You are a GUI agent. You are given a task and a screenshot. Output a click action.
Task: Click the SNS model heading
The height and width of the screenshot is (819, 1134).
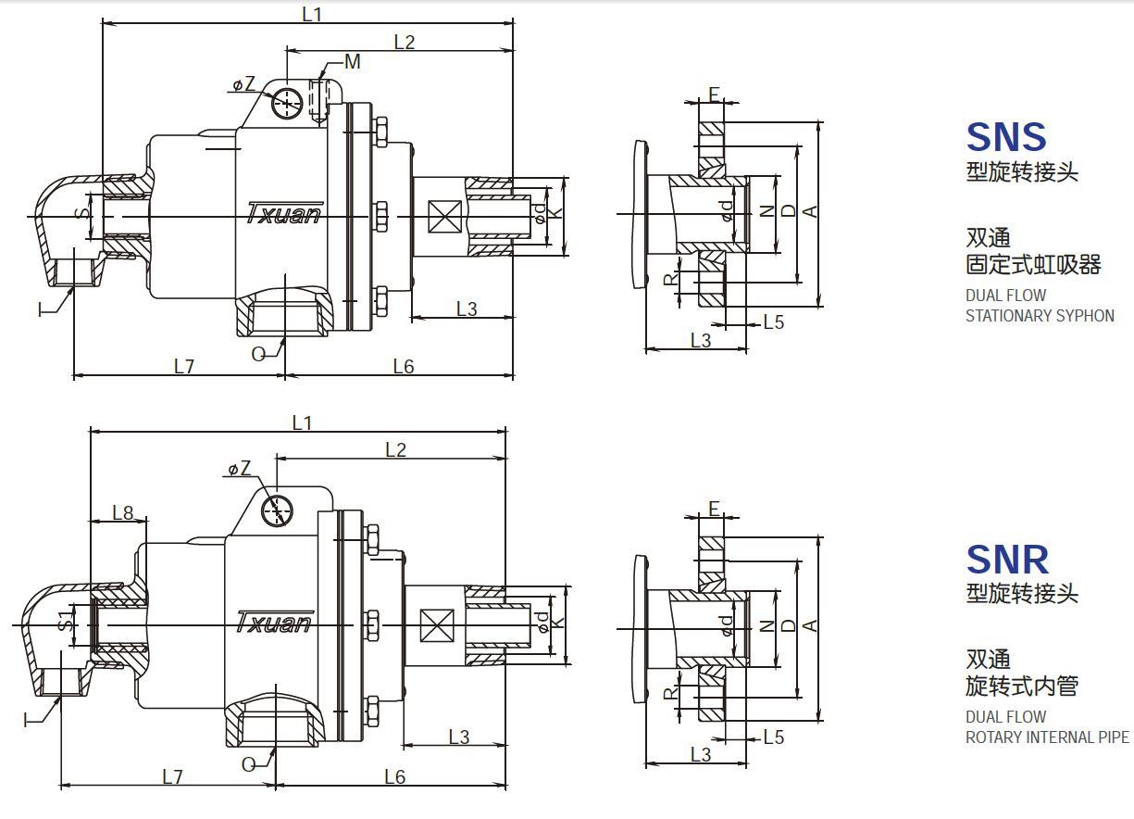1006,137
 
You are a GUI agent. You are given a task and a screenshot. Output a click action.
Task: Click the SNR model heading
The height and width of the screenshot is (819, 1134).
1007,560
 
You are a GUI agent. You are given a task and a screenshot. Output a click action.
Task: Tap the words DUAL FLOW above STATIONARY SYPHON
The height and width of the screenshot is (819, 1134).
1005,296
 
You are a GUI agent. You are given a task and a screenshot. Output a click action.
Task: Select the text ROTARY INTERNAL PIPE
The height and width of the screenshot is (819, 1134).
1047,737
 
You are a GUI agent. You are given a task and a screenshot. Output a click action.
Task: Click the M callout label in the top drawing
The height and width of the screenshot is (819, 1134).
352,62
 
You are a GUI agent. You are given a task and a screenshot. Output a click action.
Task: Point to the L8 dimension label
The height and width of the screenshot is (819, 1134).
123,511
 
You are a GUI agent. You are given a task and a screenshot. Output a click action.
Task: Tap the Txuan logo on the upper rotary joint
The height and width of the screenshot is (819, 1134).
284,213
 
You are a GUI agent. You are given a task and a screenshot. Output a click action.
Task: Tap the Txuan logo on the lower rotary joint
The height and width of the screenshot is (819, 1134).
274,621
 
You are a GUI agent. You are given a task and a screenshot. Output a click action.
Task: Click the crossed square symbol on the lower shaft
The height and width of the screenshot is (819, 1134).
436,626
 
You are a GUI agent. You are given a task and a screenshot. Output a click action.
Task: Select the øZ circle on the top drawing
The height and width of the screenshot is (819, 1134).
287,103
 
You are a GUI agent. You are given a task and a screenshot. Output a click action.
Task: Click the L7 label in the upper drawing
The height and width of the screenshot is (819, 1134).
184,366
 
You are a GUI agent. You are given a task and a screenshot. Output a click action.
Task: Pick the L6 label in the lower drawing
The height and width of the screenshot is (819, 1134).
395,776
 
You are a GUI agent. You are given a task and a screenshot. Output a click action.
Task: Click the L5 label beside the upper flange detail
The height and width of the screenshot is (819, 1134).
773,321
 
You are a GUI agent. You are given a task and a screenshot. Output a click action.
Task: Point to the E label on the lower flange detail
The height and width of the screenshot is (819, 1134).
714,508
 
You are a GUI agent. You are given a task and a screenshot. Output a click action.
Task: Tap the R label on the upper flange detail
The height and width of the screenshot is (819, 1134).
671,279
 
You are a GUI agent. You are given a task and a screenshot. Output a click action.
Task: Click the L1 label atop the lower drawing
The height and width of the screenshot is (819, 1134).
303,422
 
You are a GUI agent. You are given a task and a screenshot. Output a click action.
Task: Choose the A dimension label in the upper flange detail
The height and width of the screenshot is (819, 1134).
810,212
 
